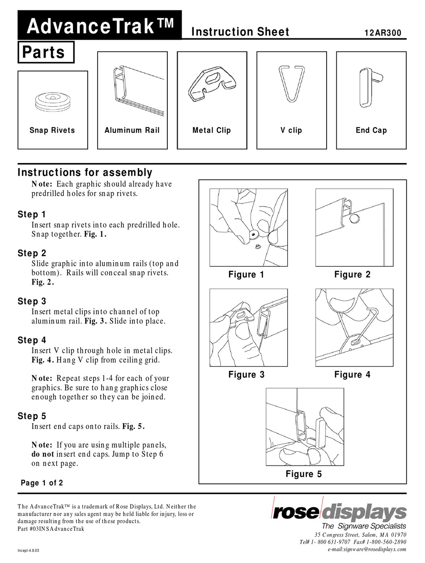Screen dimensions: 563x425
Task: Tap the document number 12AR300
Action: point(383,33)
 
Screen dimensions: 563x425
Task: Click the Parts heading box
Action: point(46,52)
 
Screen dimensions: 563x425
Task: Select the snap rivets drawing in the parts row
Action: point(52,102)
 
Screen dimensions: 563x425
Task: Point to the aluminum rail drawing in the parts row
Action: point(132,88)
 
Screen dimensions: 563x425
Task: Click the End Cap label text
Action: point(371,130)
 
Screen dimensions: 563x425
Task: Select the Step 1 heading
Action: point(32,214)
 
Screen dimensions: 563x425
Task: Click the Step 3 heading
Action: point(32,301)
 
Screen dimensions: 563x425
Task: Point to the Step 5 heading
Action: point(32,416)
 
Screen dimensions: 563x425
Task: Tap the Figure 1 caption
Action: point(246,275)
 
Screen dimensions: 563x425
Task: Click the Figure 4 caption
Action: point(352,374)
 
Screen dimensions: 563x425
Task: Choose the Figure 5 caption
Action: point(303,474)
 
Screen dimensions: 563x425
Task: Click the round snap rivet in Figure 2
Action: point(354,218)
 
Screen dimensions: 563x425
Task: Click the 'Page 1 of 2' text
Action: point(42,483)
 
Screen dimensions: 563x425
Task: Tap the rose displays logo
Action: point(339,511)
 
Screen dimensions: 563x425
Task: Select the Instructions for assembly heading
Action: point(85,172)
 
